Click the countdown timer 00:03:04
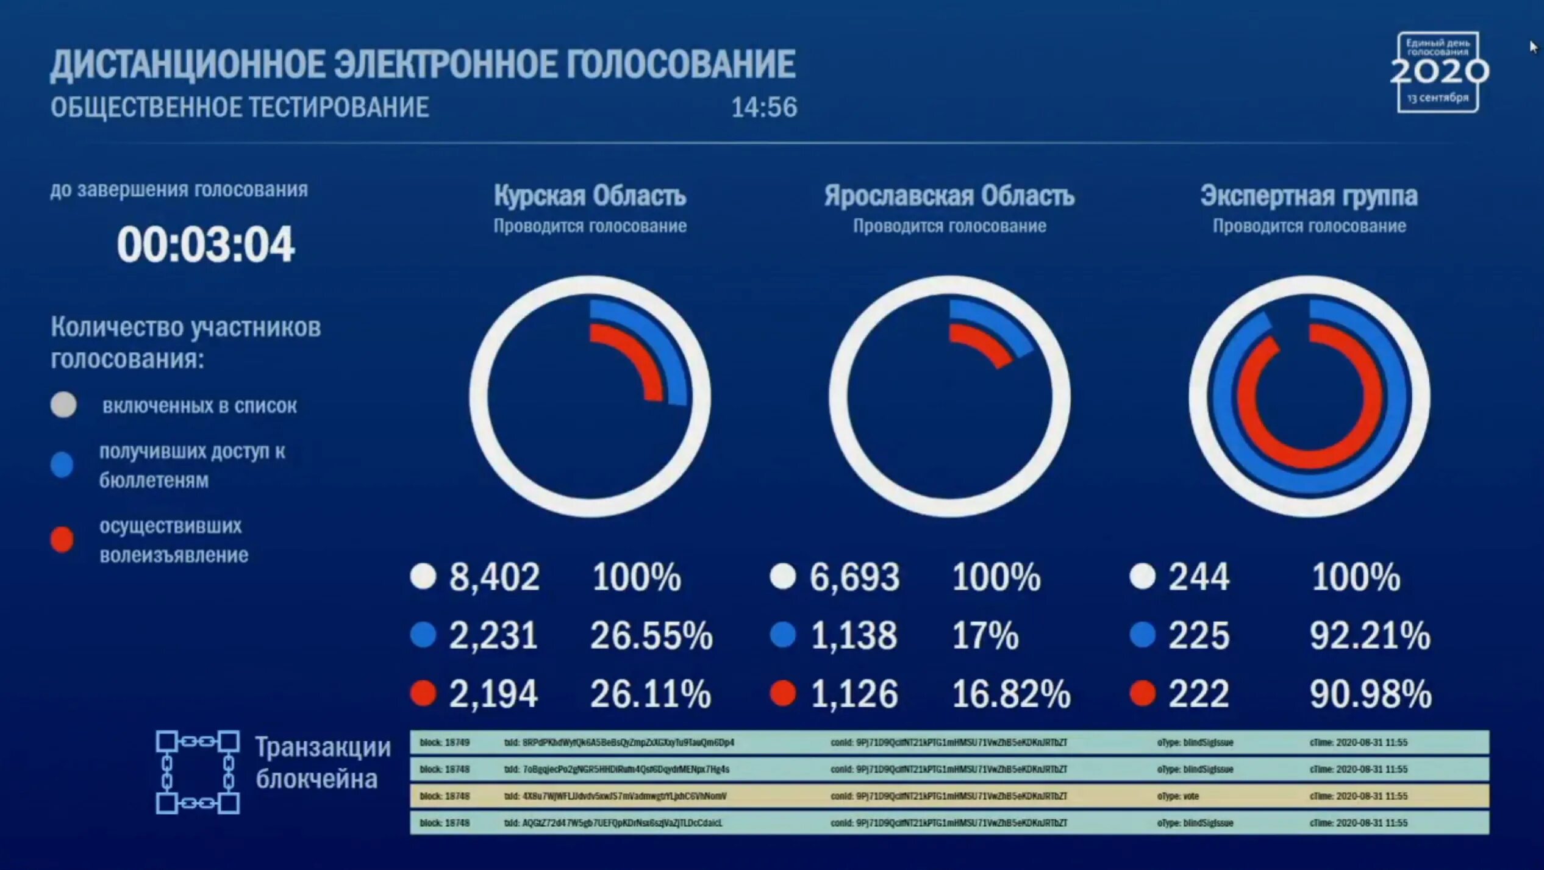point(206,245)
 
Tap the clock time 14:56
point(763,107)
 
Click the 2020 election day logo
point(1438,72)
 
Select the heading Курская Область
point(590,196)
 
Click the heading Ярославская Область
point(949,196)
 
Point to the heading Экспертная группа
point(1309,196)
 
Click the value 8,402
point(494,577)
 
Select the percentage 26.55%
point(651,635)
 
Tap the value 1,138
point(853,635)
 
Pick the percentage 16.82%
point(1010,694)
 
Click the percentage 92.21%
point(1370,635)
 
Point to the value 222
point(1198,694)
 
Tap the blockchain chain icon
point(198,772)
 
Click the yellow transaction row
point(949,796)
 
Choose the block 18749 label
point(445,743)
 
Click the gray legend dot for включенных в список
point(63,405)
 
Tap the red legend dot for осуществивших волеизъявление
point(62,540)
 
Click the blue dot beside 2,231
point(423,635)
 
